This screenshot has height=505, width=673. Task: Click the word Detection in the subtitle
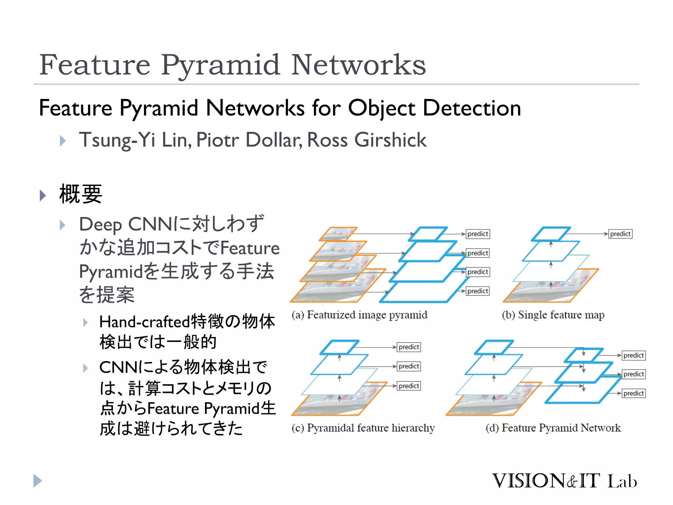point(472,108)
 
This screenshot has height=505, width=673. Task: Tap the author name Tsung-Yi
point(117,140)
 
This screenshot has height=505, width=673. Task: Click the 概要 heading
point(81,194)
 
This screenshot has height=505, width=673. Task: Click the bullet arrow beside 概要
point(43,195)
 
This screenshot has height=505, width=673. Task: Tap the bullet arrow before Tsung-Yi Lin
point(63,141)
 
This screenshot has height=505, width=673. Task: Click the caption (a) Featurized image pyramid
point(359,315)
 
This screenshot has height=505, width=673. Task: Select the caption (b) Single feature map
point(553,315)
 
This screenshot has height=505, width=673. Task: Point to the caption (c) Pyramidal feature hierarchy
point(363,428)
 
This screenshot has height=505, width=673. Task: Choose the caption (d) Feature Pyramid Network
point(553,428)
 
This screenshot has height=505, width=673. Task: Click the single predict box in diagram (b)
point(620,234)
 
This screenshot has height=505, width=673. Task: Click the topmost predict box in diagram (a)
point(478,234)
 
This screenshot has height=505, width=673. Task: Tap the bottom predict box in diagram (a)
point(478,291)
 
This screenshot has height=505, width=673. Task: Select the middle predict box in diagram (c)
point(409,366)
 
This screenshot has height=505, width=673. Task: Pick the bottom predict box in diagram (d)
point(634,393)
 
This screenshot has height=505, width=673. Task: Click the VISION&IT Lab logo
point(564,481)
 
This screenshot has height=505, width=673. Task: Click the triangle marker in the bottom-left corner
point(37,481)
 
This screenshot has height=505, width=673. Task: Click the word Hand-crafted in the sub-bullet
point(145,322)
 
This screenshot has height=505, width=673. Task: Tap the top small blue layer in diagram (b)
point(551,234)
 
